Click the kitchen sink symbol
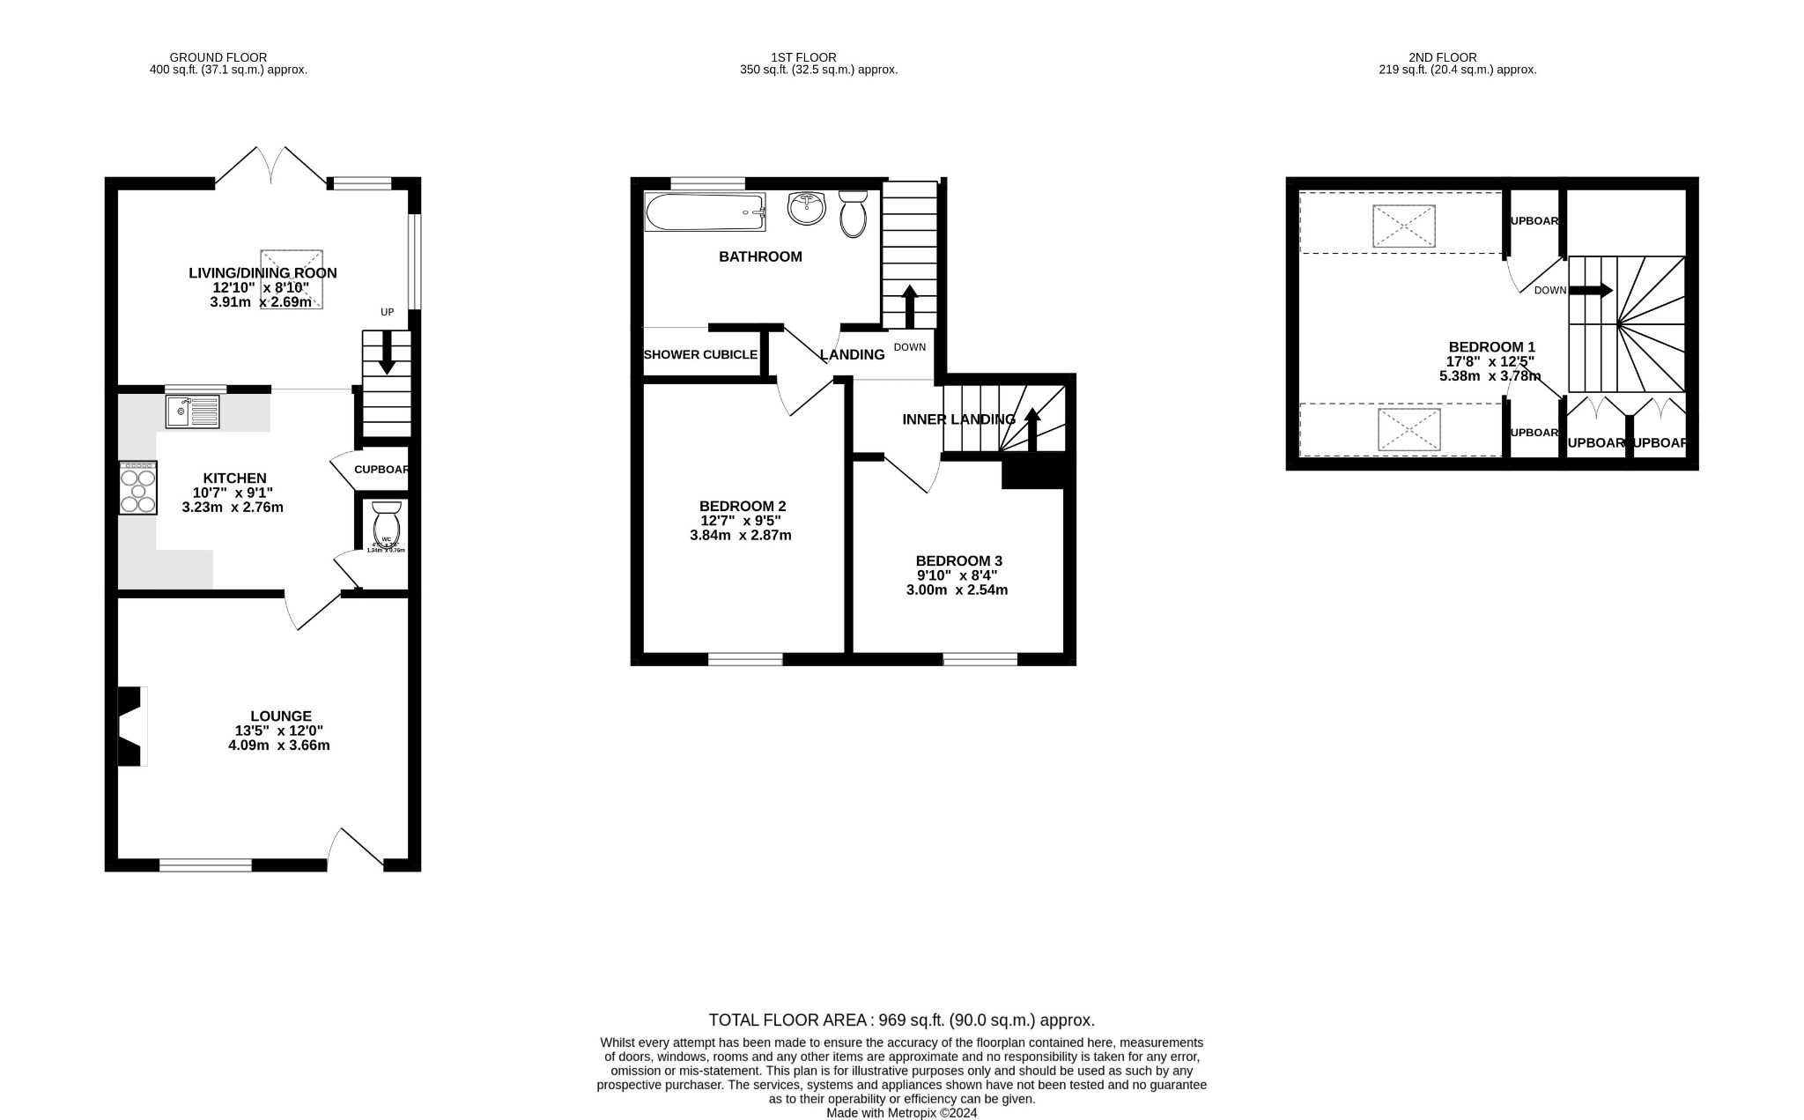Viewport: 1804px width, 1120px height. click(192, 411)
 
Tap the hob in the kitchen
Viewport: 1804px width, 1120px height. click(138, 488)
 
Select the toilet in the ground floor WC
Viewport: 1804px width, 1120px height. click(387, 525)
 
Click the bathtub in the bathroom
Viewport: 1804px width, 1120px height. click(705, 212)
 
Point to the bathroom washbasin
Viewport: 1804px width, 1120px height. click(806, 208)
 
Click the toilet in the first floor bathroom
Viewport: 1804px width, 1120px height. click(853, 215)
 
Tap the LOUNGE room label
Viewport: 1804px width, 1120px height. click(280, 716)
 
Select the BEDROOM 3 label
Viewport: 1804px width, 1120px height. click(958, 560)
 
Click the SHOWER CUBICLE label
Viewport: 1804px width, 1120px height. click(700, 354)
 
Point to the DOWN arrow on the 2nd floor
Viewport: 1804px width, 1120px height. click(1590, 290)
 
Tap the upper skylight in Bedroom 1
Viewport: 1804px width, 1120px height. click(1403, 226)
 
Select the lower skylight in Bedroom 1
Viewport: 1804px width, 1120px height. click(1408, 430)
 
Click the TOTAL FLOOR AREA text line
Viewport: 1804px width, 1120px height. click(901, 1020)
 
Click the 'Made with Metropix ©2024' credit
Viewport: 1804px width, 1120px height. click(901, 1113)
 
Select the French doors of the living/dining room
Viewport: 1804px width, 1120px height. click(271, 167)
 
